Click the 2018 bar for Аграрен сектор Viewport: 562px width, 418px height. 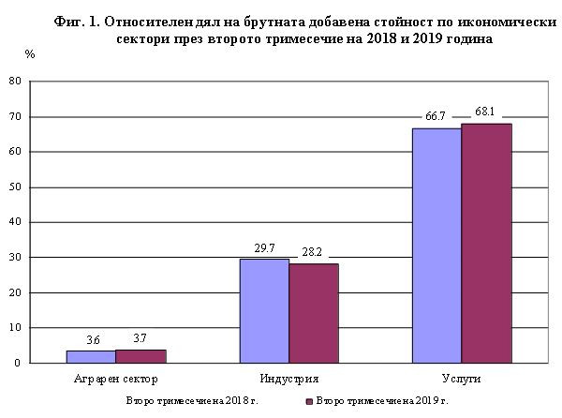[90, 356]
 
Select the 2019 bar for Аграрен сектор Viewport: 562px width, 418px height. [140, 356]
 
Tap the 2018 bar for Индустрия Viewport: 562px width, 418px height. [263, 310]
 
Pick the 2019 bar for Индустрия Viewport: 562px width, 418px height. [313, 313]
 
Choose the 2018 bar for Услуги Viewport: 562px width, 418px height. [436, 246]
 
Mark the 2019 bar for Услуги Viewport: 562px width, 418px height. [486, 243]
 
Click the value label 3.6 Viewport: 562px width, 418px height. [91, 339]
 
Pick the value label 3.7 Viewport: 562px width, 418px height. [141, 339]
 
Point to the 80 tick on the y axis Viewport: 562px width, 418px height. [15, 82]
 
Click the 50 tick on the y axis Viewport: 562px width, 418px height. [15, 187]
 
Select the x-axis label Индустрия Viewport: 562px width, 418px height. [288, 380]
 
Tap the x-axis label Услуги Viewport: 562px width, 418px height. [462, 380]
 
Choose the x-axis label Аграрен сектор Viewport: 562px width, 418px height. [115, 380]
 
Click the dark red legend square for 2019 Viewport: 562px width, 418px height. [308, 402]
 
